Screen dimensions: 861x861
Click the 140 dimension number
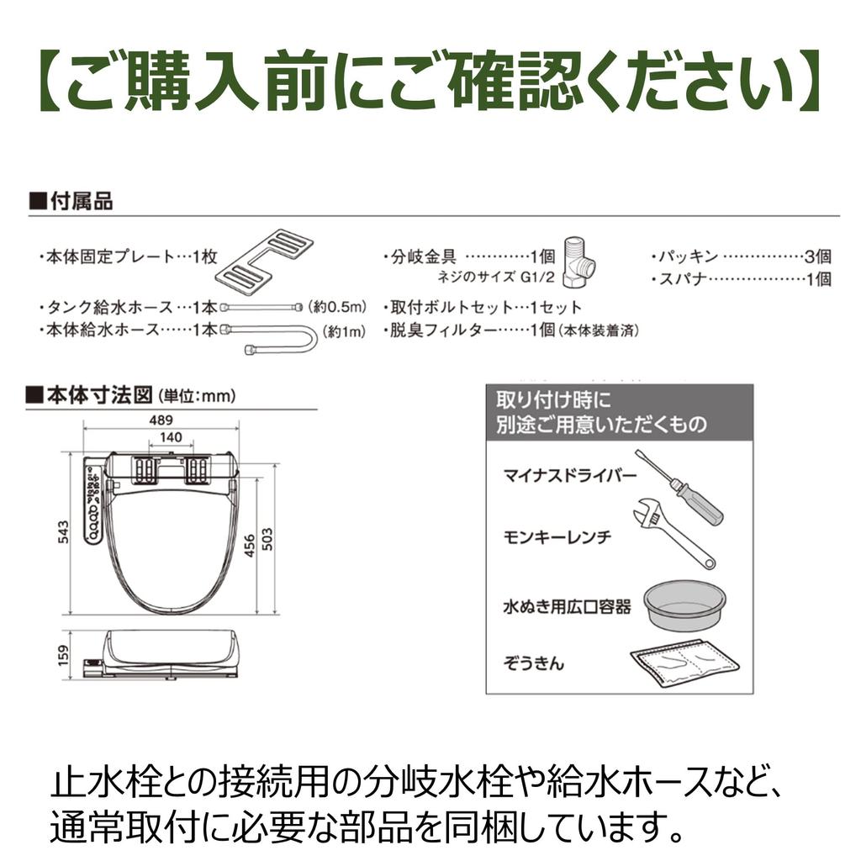click(x=172, y=437)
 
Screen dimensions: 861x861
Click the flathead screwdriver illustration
click(x=679, y=488)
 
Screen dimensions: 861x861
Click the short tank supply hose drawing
click(x=267, y=307)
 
